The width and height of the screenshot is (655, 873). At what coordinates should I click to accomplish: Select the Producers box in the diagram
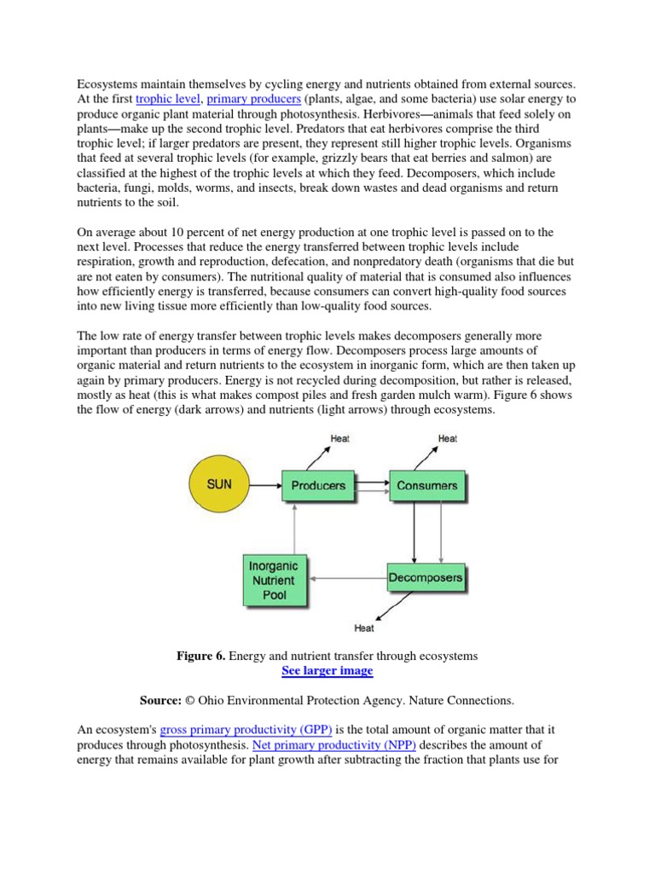click(319, 485)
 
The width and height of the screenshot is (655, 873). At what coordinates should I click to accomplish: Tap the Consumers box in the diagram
click(426, 485)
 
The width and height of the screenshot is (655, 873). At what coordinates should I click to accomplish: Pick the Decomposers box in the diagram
click(426, 578)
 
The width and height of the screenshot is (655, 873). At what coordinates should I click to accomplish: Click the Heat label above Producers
click(339, 439)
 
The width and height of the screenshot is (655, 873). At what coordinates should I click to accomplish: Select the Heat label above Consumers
click(447, 439)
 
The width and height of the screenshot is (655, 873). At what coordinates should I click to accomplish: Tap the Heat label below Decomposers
click(364, 628)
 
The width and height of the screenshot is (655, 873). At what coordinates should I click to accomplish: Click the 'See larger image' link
click(327, 671)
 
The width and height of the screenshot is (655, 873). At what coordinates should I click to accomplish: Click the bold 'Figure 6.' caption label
click(201, 656)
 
